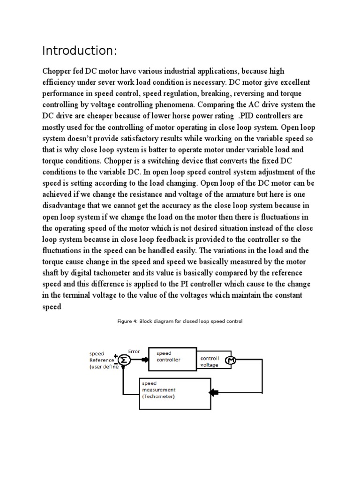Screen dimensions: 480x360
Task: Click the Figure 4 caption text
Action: tap(180, 322)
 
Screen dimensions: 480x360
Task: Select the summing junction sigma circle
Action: tap(123, 360)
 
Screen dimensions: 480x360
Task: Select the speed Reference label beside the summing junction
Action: tap(101, 360)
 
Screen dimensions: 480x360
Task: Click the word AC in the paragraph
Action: tap(271, 104)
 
